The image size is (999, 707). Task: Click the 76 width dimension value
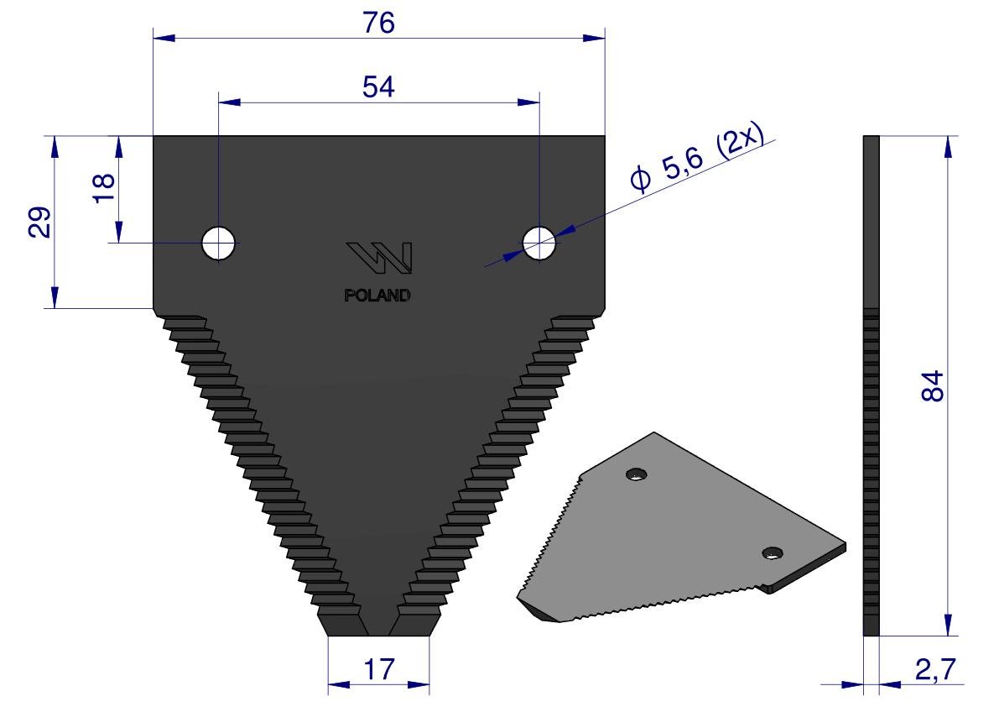pyautogui.click(x=379, y=23)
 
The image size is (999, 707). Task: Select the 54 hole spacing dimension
pyautogui.click(x=378, y=86)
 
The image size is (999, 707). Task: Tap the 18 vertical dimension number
pyautogui.click(x=104, y=188)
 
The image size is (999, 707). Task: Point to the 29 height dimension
pyautogui.click(x=39, y=222)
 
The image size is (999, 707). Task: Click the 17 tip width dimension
pyautogui.click(x=379, y=669)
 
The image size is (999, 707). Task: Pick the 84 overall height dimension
pyautogui.click(x=932, y=385)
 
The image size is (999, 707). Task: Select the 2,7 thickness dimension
pyautogui.click(x=936, y=669)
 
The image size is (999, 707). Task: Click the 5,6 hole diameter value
pyautogui.click(x=682, y=165)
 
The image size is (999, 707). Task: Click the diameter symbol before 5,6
pyautogui.click(x=640, y=179)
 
